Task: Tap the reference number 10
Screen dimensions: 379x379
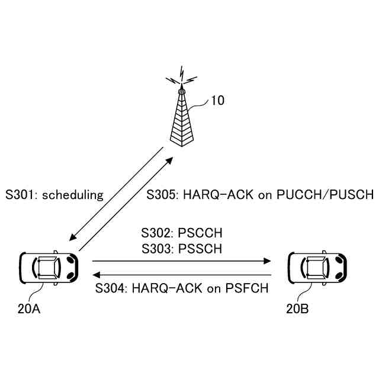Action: tap(217, 101)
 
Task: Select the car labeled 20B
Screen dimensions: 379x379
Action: tap(317, 266)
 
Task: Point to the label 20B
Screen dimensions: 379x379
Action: tap(296, 309)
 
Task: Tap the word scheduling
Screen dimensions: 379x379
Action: tap(73, 194)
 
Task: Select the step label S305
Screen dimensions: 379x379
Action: tap(163, 194)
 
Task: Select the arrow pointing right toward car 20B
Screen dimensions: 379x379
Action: tap(181, 260)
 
